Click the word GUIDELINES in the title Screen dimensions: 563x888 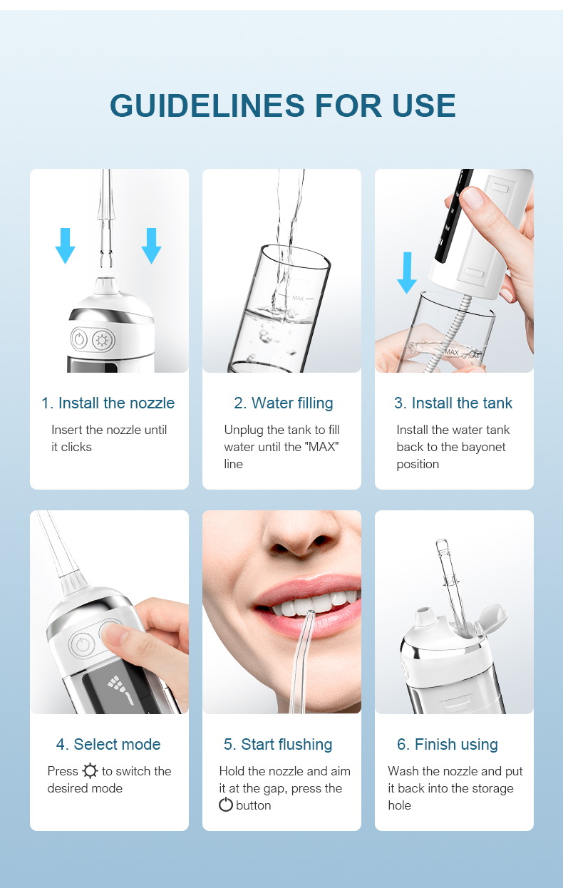point(207,105)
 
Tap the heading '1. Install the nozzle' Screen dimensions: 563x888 point(108,403)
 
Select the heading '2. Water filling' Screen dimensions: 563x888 point(284,403)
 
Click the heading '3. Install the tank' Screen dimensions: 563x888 point(453,403)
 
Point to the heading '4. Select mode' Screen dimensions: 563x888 point(108,744)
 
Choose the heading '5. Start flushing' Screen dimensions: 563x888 point(278,745)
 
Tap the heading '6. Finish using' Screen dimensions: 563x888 point(448,745)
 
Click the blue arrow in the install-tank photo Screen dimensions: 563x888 point(407,273)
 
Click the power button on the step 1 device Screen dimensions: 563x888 point(79,339)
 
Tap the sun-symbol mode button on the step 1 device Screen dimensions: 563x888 point(103,340)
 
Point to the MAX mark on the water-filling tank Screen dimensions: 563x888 point(298,298)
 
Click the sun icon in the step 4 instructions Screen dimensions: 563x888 point(90,771)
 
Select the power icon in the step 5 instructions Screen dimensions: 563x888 point(226,805)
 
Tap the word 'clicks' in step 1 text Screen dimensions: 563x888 point(76,447)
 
